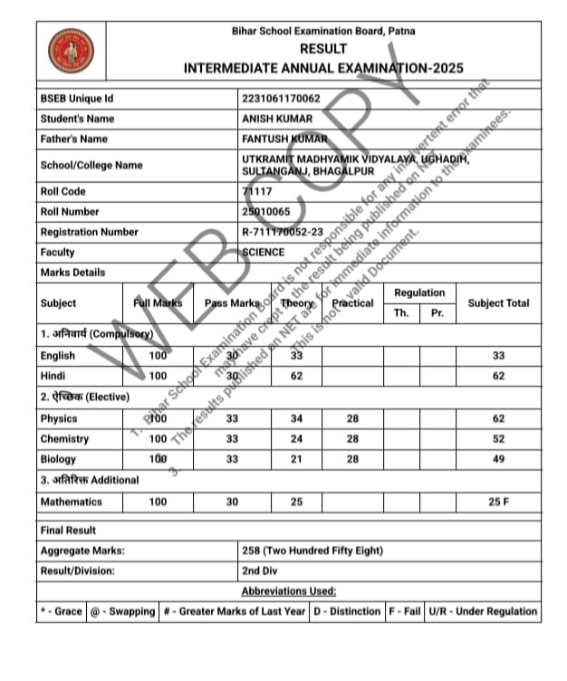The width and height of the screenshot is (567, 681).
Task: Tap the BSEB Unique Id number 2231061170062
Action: [281, 98]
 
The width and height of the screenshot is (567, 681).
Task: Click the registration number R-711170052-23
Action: [283, 232]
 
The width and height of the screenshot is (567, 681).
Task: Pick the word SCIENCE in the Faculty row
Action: [264, 253]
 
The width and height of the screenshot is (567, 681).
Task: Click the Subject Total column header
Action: [498, 303]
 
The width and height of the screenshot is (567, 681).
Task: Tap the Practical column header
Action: [352, 303]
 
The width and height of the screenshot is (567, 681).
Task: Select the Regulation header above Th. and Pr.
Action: [419, 293]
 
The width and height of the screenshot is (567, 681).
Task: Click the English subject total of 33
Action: [498, 356]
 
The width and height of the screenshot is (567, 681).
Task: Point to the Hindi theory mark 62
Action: [295, 376]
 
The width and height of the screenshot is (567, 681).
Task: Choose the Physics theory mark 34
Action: [295, 419]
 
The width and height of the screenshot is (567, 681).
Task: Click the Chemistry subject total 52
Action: [498, 439]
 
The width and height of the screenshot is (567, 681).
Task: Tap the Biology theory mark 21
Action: [295, 459]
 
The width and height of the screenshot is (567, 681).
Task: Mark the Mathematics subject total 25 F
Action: [498, 502]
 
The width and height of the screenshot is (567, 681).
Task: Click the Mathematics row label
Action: [72, 502]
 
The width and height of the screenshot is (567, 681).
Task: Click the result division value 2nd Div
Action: [264, 571]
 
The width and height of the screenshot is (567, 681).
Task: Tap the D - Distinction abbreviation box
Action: [347, 611]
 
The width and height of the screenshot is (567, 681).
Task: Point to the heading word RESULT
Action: [322, 49]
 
